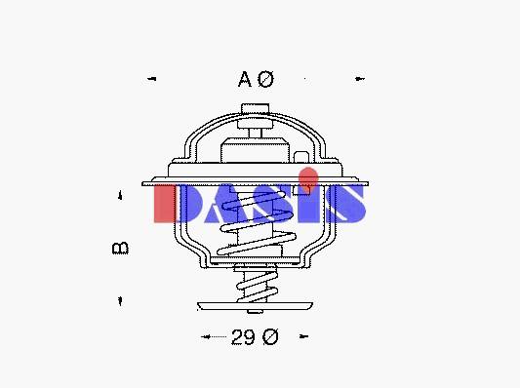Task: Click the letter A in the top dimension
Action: tap(245, 79)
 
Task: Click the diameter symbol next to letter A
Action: tap(266, 79)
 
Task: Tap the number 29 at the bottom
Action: tap(244, 337)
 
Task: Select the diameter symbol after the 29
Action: tap(270, 336)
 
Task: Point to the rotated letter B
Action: tap(120, 249)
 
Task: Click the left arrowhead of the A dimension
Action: tap(152, 79)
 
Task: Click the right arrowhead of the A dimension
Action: tap(360, 79)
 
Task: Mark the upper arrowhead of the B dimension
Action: tap(120, 195)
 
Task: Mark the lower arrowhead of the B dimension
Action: tap(120, 301)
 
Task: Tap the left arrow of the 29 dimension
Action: tap(206, 336)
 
